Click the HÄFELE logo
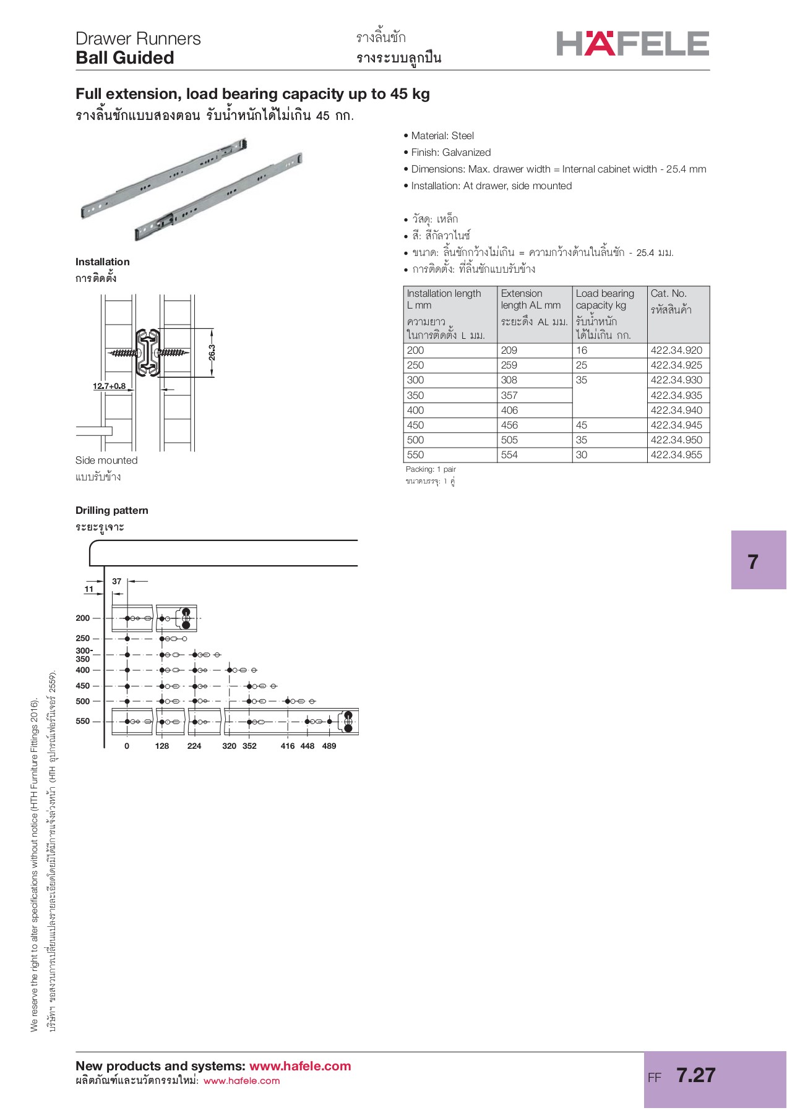pos(632,43)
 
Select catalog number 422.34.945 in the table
pos(676,425)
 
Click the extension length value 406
pos(509,411)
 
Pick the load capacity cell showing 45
pos(582,425)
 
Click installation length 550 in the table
pos(416,455)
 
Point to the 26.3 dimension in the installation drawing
pos(212,352)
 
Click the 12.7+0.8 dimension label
pos(109,386)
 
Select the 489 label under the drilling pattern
pos(329,746)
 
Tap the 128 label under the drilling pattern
pos(162,746)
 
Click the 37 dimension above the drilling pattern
pos(117,581)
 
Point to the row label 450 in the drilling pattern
pos(83,686)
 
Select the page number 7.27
pos(695,1075)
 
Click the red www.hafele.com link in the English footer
pos(300,1066)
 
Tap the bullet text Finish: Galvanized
pos(450,153)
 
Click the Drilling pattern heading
pos(112,511)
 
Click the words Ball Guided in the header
pos(125,58)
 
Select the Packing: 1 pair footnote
pos(431,469)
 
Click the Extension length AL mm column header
pos(530,299)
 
